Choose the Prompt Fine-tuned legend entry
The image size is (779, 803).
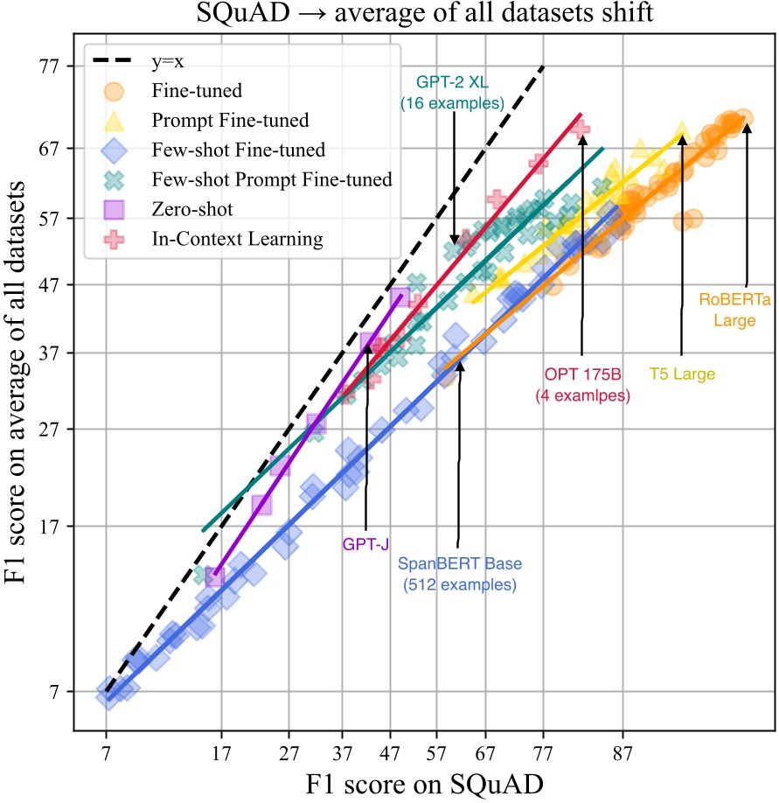pos(218,119)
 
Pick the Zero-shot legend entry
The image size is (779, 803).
pos(191,208)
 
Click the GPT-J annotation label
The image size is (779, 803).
pos(365,544)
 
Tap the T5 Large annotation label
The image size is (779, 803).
pos(682,374)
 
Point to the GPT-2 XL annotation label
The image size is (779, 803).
pos(452,93)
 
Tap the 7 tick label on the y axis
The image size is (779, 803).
pos(59,692)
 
